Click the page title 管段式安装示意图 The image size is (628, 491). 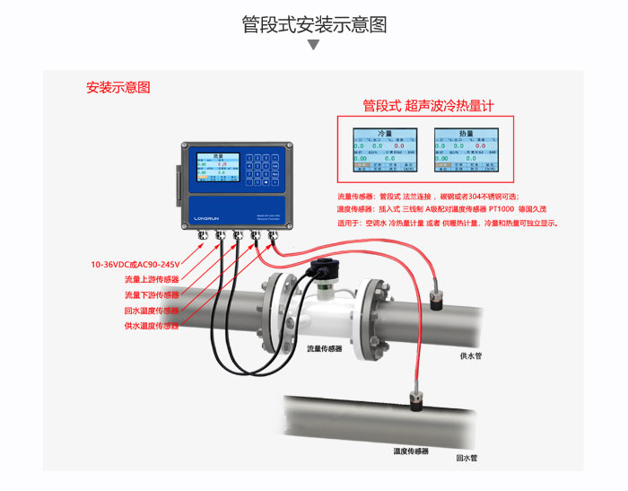(314, 24)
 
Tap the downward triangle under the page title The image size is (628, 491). (314, 45)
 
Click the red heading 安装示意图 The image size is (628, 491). (118, 88)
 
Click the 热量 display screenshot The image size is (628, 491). (466, 151)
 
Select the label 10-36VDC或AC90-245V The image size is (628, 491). (135, 265)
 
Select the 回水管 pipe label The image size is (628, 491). (467, 458)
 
